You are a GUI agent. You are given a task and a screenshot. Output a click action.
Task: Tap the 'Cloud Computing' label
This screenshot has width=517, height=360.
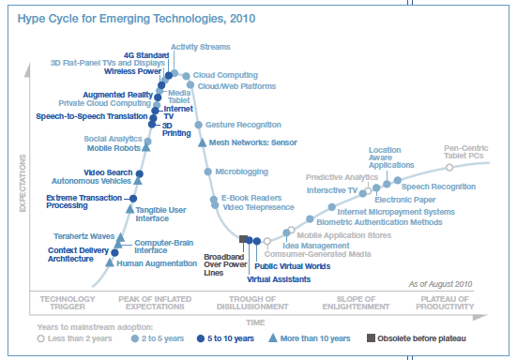(225, 74)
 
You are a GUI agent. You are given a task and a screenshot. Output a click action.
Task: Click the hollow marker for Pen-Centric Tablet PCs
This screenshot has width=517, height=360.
(449, 167)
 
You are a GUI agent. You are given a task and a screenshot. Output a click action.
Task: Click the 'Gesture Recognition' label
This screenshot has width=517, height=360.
(243, 124)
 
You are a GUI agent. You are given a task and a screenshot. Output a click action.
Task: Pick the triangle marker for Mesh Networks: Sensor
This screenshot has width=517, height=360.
(202, 142)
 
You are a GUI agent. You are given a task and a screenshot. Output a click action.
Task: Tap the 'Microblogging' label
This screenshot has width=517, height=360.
(242, 172)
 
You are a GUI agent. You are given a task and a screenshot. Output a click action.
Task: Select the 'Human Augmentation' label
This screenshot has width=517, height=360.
(156, 263)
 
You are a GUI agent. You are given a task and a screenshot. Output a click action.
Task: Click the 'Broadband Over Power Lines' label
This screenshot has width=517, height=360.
(224, 265)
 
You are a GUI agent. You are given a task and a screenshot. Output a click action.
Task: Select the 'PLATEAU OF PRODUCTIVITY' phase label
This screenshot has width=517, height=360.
(442, 303)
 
